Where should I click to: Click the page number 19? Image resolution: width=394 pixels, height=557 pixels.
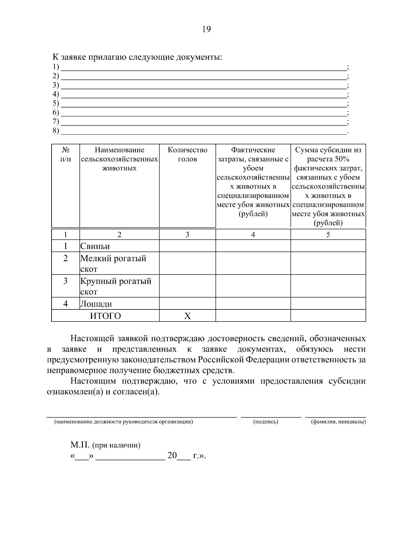[x=206, y=30]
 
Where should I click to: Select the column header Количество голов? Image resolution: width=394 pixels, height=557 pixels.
[x=187, y=155]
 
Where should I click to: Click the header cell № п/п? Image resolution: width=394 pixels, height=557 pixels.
[x=66, y=155]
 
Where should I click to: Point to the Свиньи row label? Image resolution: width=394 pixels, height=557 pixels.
[x=95, y=246]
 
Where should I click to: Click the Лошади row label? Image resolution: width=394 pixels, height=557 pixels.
[x=96, y=304]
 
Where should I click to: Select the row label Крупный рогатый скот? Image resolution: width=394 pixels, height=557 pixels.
[x=116, y=286]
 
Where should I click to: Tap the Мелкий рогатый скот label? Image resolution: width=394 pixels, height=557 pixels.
[x=113, y=263]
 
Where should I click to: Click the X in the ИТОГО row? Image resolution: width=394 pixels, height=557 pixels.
[x=187, y=316]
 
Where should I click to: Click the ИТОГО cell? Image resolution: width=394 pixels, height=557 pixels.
[x=105, y=316]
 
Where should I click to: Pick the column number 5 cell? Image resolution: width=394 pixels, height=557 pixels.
[x=328, y=235]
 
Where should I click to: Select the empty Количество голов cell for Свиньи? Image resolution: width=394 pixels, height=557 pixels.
[x=187, y=246]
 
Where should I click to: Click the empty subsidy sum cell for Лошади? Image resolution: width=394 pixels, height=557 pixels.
[x=328, y=304]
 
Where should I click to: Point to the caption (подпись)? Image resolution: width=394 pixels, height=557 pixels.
[x=266, y=422]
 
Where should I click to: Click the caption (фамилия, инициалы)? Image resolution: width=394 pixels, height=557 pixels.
[x=338, y=422]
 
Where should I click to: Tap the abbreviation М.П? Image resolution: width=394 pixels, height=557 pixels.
[x=80, y=445]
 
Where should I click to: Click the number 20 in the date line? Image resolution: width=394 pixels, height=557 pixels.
[x=172, y=456]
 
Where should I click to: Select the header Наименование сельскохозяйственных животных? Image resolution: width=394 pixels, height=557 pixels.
[x=120, y=159]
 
